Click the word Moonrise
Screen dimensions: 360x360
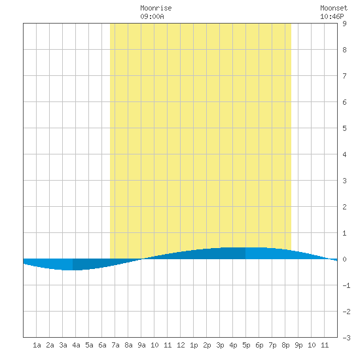156,8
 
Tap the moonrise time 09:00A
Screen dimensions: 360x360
152,16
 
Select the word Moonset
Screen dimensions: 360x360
334,8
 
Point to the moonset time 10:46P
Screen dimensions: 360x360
332,16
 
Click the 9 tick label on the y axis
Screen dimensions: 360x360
344,24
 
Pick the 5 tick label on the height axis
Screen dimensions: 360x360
344,128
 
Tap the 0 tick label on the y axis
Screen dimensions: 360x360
344,259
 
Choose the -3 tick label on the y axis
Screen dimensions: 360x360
346,338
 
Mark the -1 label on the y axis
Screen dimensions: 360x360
346,285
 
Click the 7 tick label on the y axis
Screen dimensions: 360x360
344,76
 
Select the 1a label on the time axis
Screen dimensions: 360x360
37,345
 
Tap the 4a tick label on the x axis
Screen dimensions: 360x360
76,345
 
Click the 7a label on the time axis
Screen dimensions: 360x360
115,345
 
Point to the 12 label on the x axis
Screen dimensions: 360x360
181,345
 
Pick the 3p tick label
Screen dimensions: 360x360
220,345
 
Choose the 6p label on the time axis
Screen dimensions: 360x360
259,345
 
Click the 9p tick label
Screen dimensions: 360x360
298,345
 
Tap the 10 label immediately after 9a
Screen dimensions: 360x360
154,345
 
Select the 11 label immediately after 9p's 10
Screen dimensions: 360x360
325,345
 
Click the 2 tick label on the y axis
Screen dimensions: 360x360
344,207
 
